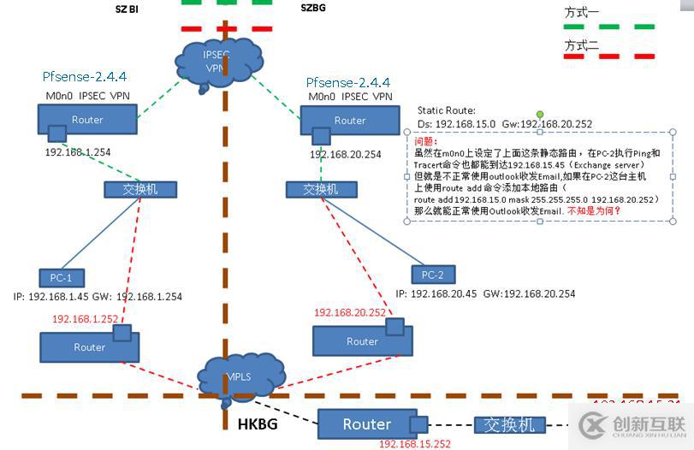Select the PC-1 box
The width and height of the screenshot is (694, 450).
tap(61, 277)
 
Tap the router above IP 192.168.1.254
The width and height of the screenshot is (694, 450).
tap(87, 120)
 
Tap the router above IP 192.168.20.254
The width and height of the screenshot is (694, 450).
tap(350, 121)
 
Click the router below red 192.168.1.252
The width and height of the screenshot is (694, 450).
tap(89, 346)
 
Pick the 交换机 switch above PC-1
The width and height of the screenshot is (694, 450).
tap(131, 189)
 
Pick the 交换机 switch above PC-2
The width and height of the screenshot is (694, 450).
tap(320, 189)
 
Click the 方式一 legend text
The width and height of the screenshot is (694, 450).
tap(583, 13)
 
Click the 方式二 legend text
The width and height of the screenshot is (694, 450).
tap(583, 44)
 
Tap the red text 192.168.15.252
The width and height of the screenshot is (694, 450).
tap(414, 444)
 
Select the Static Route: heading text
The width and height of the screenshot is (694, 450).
tap(446, 110)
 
